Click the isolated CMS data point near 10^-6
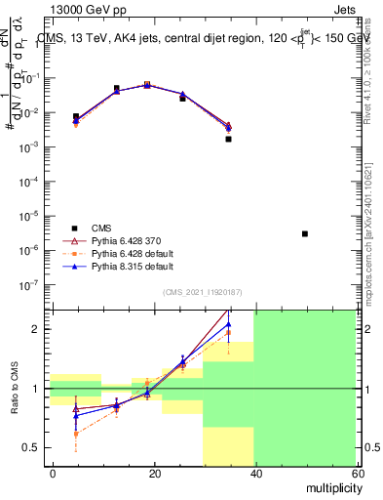click(305, 233)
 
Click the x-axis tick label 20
click(154, 473)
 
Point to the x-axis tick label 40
click(254, 473)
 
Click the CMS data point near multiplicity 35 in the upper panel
click(228, 139)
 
